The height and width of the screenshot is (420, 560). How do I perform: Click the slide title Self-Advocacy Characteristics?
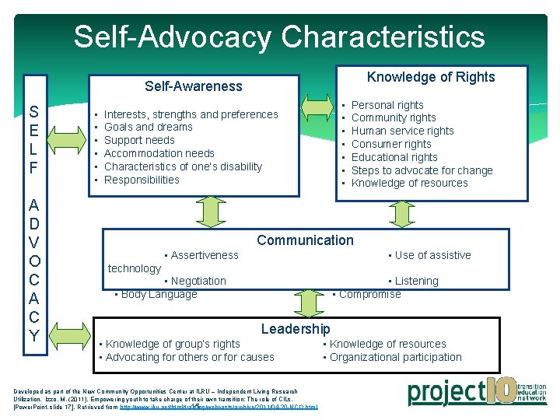279,37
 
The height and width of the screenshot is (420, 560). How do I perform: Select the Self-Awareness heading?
194,86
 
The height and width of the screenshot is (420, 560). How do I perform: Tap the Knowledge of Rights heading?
430,76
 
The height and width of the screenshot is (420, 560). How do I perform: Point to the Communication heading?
305,240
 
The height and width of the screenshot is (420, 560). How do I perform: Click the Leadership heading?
296,329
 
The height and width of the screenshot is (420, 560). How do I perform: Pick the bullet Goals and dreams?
148,127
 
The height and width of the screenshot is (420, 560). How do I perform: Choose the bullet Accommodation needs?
159,153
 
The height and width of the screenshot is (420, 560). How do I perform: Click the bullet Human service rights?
402,131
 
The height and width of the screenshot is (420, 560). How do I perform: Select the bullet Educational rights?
394,157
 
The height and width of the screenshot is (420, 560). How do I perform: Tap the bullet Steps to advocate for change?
422,170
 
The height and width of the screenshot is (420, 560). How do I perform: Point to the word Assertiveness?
205,255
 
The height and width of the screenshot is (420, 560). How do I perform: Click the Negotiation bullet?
198,281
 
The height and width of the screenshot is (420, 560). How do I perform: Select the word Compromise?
369,294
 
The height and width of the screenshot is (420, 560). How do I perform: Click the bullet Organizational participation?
395,357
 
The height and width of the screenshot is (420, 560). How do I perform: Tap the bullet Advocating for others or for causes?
189,357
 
